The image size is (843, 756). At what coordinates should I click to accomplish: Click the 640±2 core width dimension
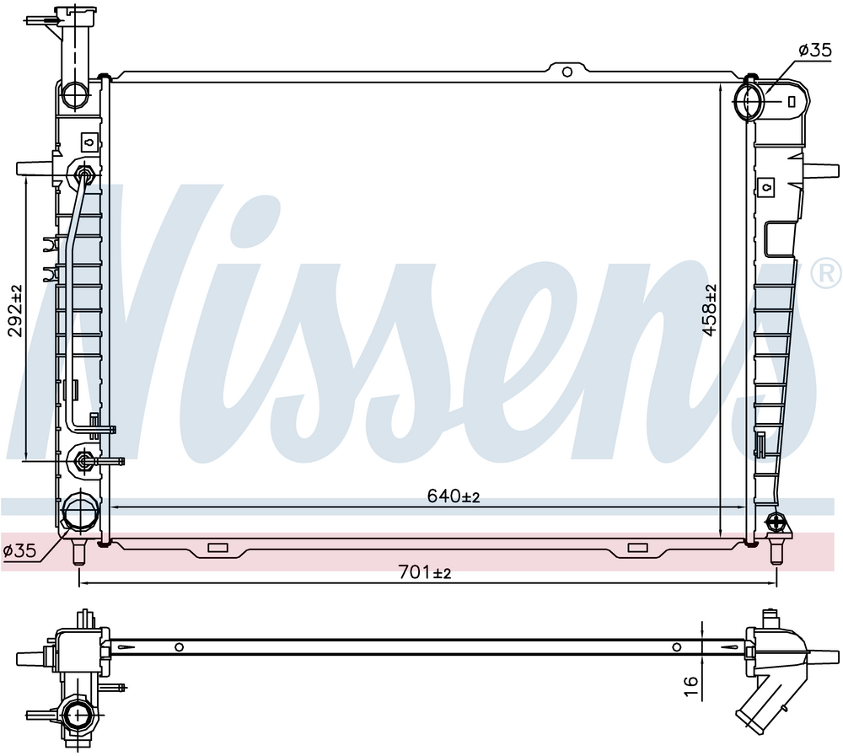pos(454,496)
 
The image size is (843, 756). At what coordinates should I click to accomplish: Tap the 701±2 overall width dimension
pos(425,573)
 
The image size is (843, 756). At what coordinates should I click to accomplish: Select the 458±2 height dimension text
pos(710,310)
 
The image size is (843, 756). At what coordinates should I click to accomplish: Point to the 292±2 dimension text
pos(15,311)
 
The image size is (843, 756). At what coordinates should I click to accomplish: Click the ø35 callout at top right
pos(815,50)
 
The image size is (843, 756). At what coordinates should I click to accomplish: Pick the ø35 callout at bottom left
pos(19,550)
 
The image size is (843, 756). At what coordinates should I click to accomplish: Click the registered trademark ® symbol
pos(826,272)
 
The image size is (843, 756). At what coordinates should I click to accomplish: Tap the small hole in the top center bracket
pos(566,72)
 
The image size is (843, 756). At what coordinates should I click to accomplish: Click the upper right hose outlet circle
pos(749,100)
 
